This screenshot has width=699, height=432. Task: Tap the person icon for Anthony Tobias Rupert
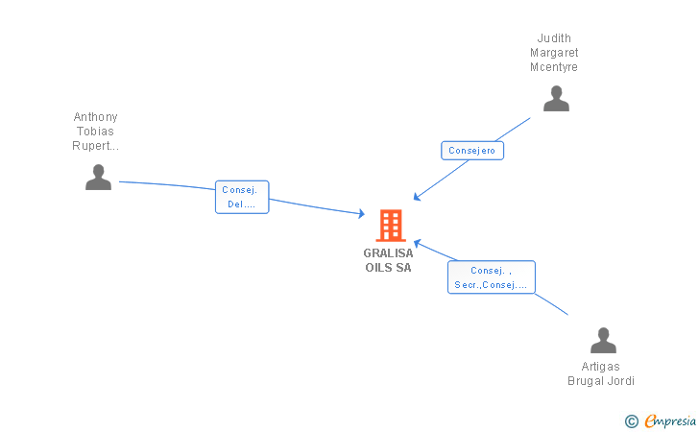click(x=98, y=177)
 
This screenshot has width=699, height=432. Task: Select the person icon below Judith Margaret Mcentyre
click(x=556, y=99)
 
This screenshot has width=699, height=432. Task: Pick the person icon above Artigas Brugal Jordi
click(x=603, y=341)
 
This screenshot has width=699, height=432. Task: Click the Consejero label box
click(x=472, y=151)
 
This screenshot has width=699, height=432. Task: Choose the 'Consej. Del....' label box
click(x=242, y=197)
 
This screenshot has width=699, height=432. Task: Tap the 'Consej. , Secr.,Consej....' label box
click(x=491, y=276)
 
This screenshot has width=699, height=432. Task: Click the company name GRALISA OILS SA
click(x=388, y=260)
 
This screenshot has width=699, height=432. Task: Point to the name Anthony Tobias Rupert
click(x=96, y=132)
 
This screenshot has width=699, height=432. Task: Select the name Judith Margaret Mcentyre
click(x=555, y=53)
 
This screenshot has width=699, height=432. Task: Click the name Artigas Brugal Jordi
click(x=601, y=373)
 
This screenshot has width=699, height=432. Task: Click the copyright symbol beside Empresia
click(x=631, y=420)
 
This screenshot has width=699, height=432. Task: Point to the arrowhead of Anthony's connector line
click(x=362, y=214)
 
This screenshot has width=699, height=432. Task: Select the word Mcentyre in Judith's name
click(x=555, y=67)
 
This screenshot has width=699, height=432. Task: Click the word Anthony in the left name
click(x=96, y=117)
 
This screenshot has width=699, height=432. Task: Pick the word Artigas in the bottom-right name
click(x=601, y=367)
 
